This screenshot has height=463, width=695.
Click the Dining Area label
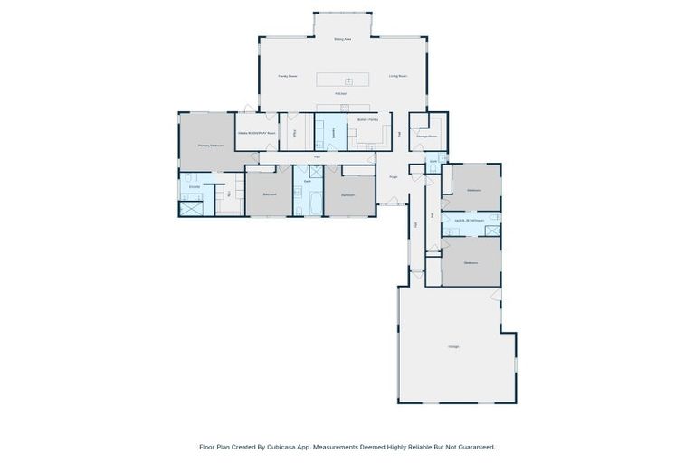(x=342, y=40)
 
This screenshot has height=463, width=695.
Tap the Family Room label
(x=289, y=77)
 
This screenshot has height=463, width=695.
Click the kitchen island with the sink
(x=343, y=80)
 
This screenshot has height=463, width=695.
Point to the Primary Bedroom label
(x=210, y=145)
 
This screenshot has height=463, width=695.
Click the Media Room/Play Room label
(x=255, y=133)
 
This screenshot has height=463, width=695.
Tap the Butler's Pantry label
(x=368, y=120)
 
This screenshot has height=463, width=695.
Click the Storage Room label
(x=427, y=137)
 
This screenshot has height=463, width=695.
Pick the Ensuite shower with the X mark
(x=191, y=208)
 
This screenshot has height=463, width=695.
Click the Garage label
(x=452, y=346)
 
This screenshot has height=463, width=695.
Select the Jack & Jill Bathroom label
(x=469, y=220)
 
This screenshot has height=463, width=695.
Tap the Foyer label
(x=394, y=176)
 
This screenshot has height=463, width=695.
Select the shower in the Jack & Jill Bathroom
(x=491, y=231)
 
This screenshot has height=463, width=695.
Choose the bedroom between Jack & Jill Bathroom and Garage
(x=471, y=261)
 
